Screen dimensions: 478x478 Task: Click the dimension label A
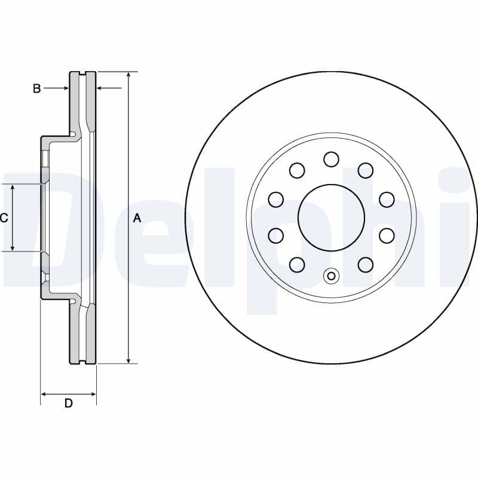click(x=137, y=219)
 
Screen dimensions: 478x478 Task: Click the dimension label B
click(x=36, y=88)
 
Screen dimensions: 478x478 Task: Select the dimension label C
click(x=4, y=218)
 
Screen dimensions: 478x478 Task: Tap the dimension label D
click(x=69, y=403)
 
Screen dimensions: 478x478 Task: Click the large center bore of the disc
click(x=331, y=217)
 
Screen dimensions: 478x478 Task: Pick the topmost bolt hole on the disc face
click(x=331, y=159)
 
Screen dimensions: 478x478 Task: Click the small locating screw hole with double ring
click(x=331, y=276)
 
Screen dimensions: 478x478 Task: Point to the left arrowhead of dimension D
click(x=44, y=394)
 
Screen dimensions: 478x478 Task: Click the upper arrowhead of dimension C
click(x=13, y=188)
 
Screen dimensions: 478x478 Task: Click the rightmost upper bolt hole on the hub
click(x=387, y=199)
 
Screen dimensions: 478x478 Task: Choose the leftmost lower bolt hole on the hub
click(x=275, y=235)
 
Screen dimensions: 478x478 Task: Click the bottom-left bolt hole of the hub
click(x=296, y=263)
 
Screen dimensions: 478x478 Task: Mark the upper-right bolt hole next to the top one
click(x=366, y=170)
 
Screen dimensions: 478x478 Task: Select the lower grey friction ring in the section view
click(x=74, y=335)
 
